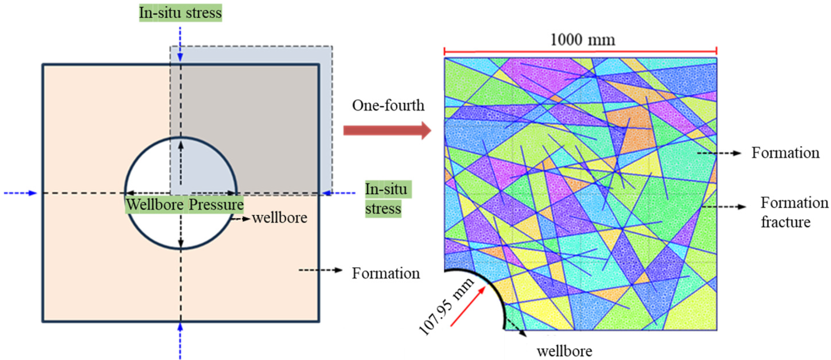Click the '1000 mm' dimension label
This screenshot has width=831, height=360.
pyautogui.click(x=582, y=40)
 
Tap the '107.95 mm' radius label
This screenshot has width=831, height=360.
pyautogui.click(x=446, y=306)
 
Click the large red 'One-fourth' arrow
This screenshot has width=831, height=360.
pyautogui.click(x=387, y=130)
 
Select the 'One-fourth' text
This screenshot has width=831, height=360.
pyautogui.click(x=388, y=105)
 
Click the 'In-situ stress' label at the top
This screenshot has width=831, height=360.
pyautogui.click(x=180, y=13)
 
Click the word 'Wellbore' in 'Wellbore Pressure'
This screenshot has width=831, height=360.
pyautogui.click(x=155, y=205)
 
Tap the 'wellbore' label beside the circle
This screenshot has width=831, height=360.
pyautogui.click(x=279, y=218)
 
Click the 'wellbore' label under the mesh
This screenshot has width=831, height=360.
pyautogui.click(x=564, y=351)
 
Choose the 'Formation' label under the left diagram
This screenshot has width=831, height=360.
pyautogui.click(x=386, y=273)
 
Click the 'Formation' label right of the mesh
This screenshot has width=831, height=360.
pyautogui.click(x=785, y=153)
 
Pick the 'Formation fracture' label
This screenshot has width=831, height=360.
pyautogui.click(x=794, y=212)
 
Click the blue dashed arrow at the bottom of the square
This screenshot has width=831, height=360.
pyautogui.click(x=180, y=341)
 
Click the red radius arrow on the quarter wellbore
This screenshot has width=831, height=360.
pyautogui.click(x=468, y=306)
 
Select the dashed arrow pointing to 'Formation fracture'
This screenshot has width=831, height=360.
pyautogui.click(x=724, y=207)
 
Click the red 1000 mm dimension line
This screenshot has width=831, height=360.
pyautogui.click(x=580, y=51)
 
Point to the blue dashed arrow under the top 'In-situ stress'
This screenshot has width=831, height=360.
pyautogui.click(x=180, y=44)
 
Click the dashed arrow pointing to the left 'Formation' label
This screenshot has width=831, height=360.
pyautogui.click(x=320, y=270)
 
